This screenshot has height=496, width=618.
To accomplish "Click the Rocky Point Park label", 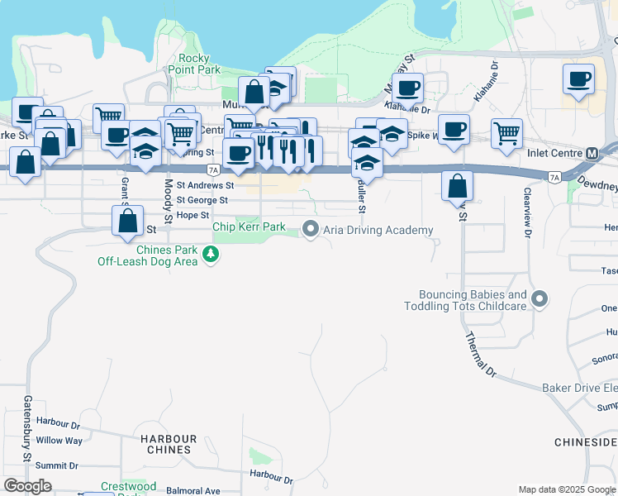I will [x=200, y=64].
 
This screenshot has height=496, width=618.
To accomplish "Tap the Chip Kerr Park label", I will [x=249, y=227].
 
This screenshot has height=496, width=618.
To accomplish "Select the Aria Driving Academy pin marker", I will [x=311, y=229].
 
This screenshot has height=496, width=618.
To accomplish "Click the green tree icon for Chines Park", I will [x=212, y=255].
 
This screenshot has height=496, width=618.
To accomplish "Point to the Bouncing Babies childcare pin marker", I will [x=540, y=299].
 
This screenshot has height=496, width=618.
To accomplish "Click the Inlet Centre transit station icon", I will [x=592, y=154].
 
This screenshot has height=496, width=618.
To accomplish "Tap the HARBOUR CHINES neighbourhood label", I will [x=169, y=444].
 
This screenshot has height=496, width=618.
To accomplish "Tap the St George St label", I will [x=202, y=200].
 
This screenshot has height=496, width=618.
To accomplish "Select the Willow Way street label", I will [x=59, y=441].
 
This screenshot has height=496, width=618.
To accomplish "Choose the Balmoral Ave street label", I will [x=193, y=490].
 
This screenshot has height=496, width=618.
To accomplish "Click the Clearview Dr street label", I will [x=525, y=212].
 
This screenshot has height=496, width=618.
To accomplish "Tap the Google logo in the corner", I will [x=28, y=486].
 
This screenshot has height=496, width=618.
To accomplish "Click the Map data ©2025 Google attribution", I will [x=567, y=489].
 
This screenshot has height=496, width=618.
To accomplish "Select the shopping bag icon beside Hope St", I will [x=128, y=221].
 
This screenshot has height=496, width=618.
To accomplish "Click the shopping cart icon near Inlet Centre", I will [x=506, y=132].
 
